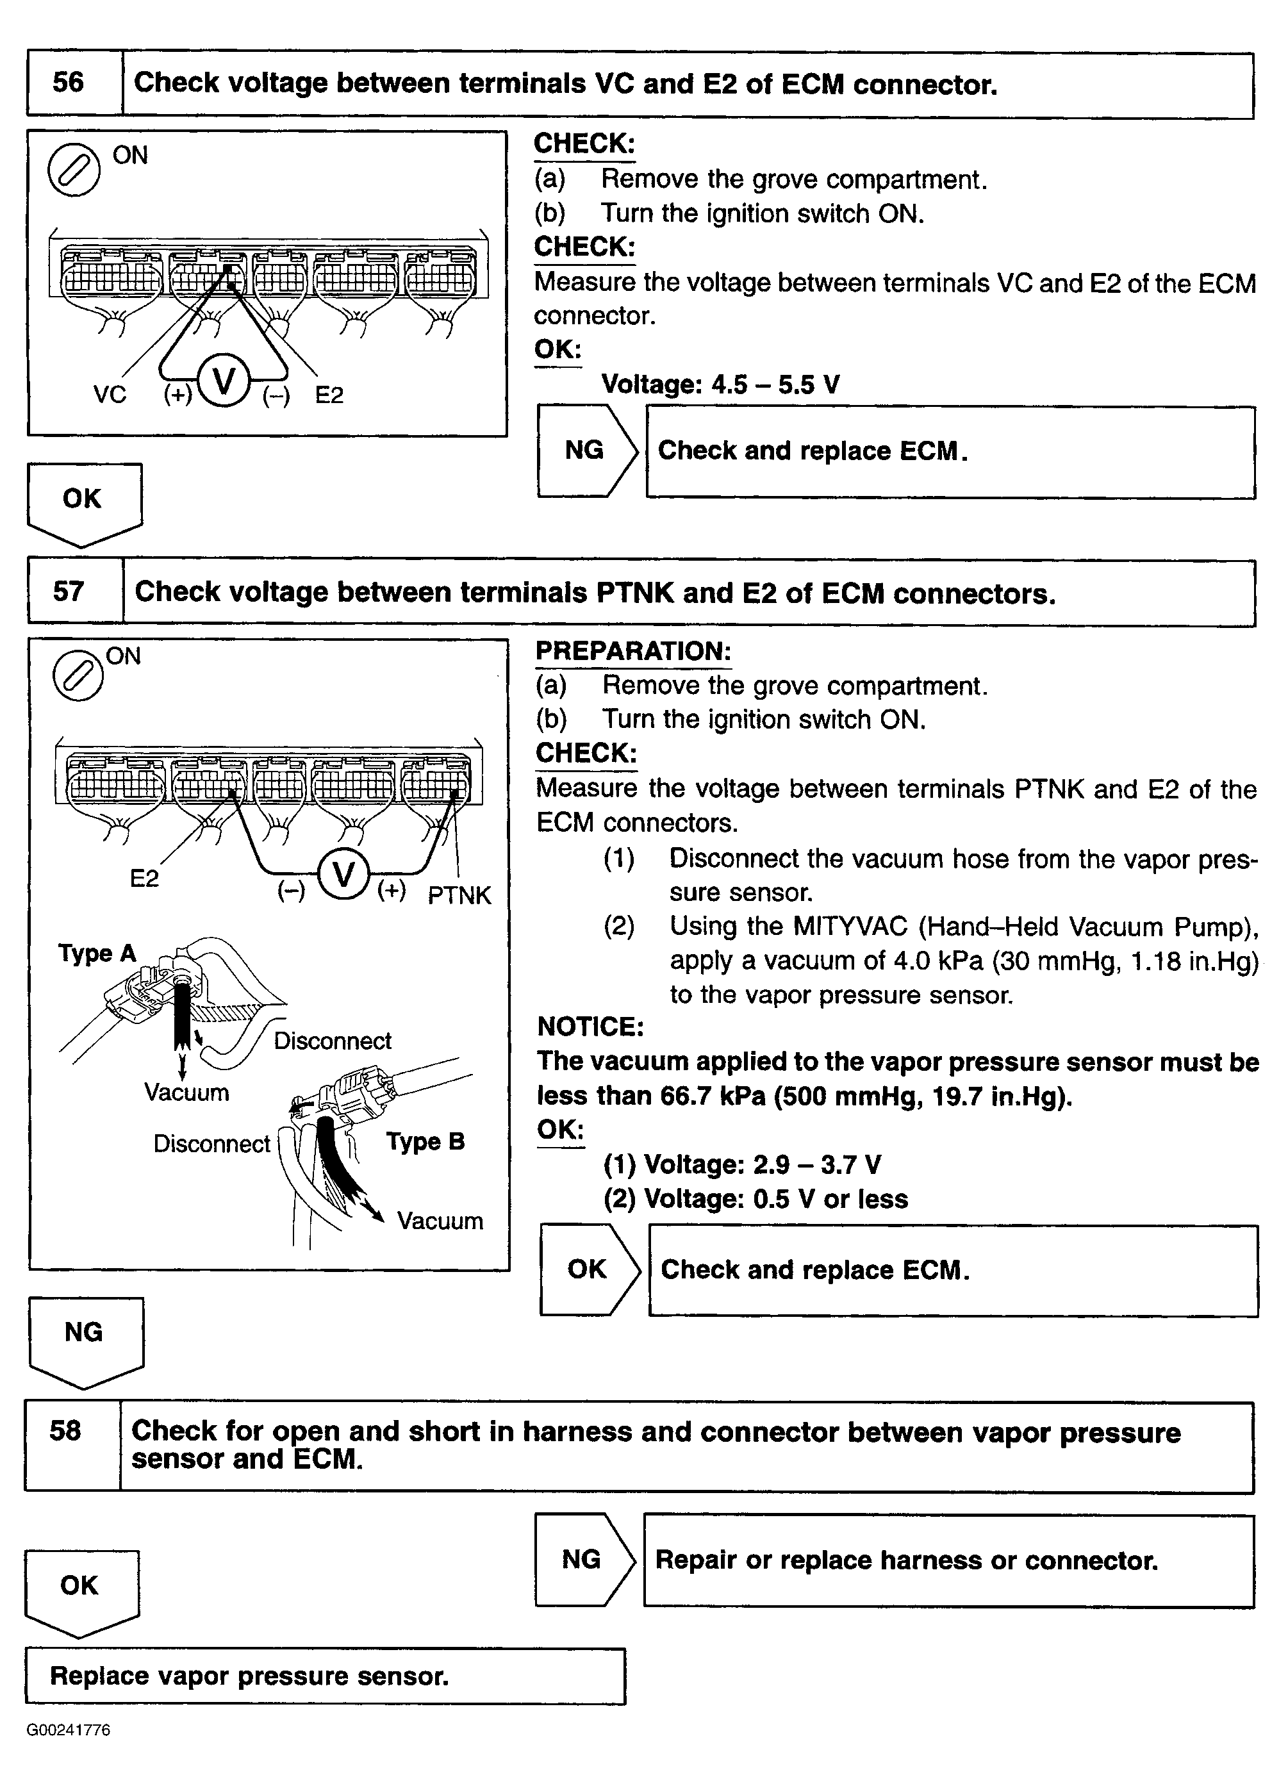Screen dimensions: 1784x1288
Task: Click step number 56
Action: pos(69,83)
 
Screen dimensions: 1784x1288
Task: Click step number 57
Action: pos(69,591)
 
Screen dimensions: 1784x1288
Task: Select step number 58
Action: pos(65,1430)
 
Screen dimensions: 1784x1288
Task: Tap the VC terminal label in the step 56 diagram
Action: pos(110,394)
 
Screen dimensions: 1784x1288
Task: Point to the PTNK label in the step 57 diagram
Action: pos(459,895)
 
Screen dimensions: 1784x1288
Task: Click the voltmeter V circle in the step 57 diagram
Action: pos(343,875)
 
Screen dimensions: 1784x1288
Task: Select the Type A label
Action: pos(97,954)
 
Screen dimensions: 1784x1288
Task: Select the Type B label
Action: pos(425,1141)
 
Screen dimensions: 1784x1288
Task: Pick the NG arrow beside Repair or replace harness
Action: pos(583,1559)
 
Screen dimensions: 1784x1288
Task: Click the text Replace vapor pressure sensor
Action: pos(249,1676)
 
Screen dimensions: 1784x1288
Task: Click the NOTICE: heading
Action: pos(590,1027)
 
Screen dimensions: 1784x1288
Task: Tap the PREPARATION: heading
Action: pos(633,651)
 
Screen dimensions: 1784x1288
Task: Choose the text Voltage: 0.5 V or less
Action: pos(775,1199)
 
